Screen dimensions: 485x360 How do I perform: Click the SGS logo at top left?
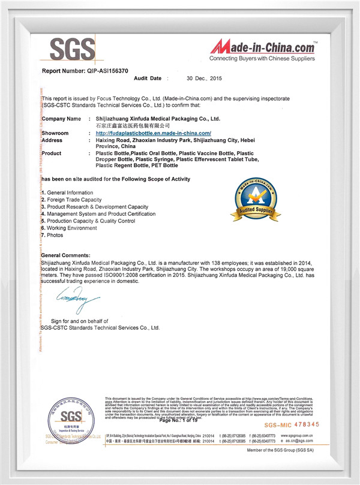coord(71,47)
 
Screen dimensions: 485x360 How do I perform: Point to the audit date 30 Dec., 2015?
coord(205,79)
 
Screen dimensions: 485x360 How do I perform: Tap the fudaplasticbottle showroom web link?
coord(154,132)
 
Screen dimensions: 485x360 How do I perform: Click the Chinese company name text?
coord(133,126)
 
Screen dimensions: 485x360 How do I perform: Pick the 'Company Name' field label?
coord(61,119)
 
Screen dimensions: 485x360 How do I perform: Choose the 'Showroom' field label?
coord(56,132)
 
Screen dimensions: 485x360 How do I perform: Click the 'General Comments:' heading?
coord(65,255)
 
